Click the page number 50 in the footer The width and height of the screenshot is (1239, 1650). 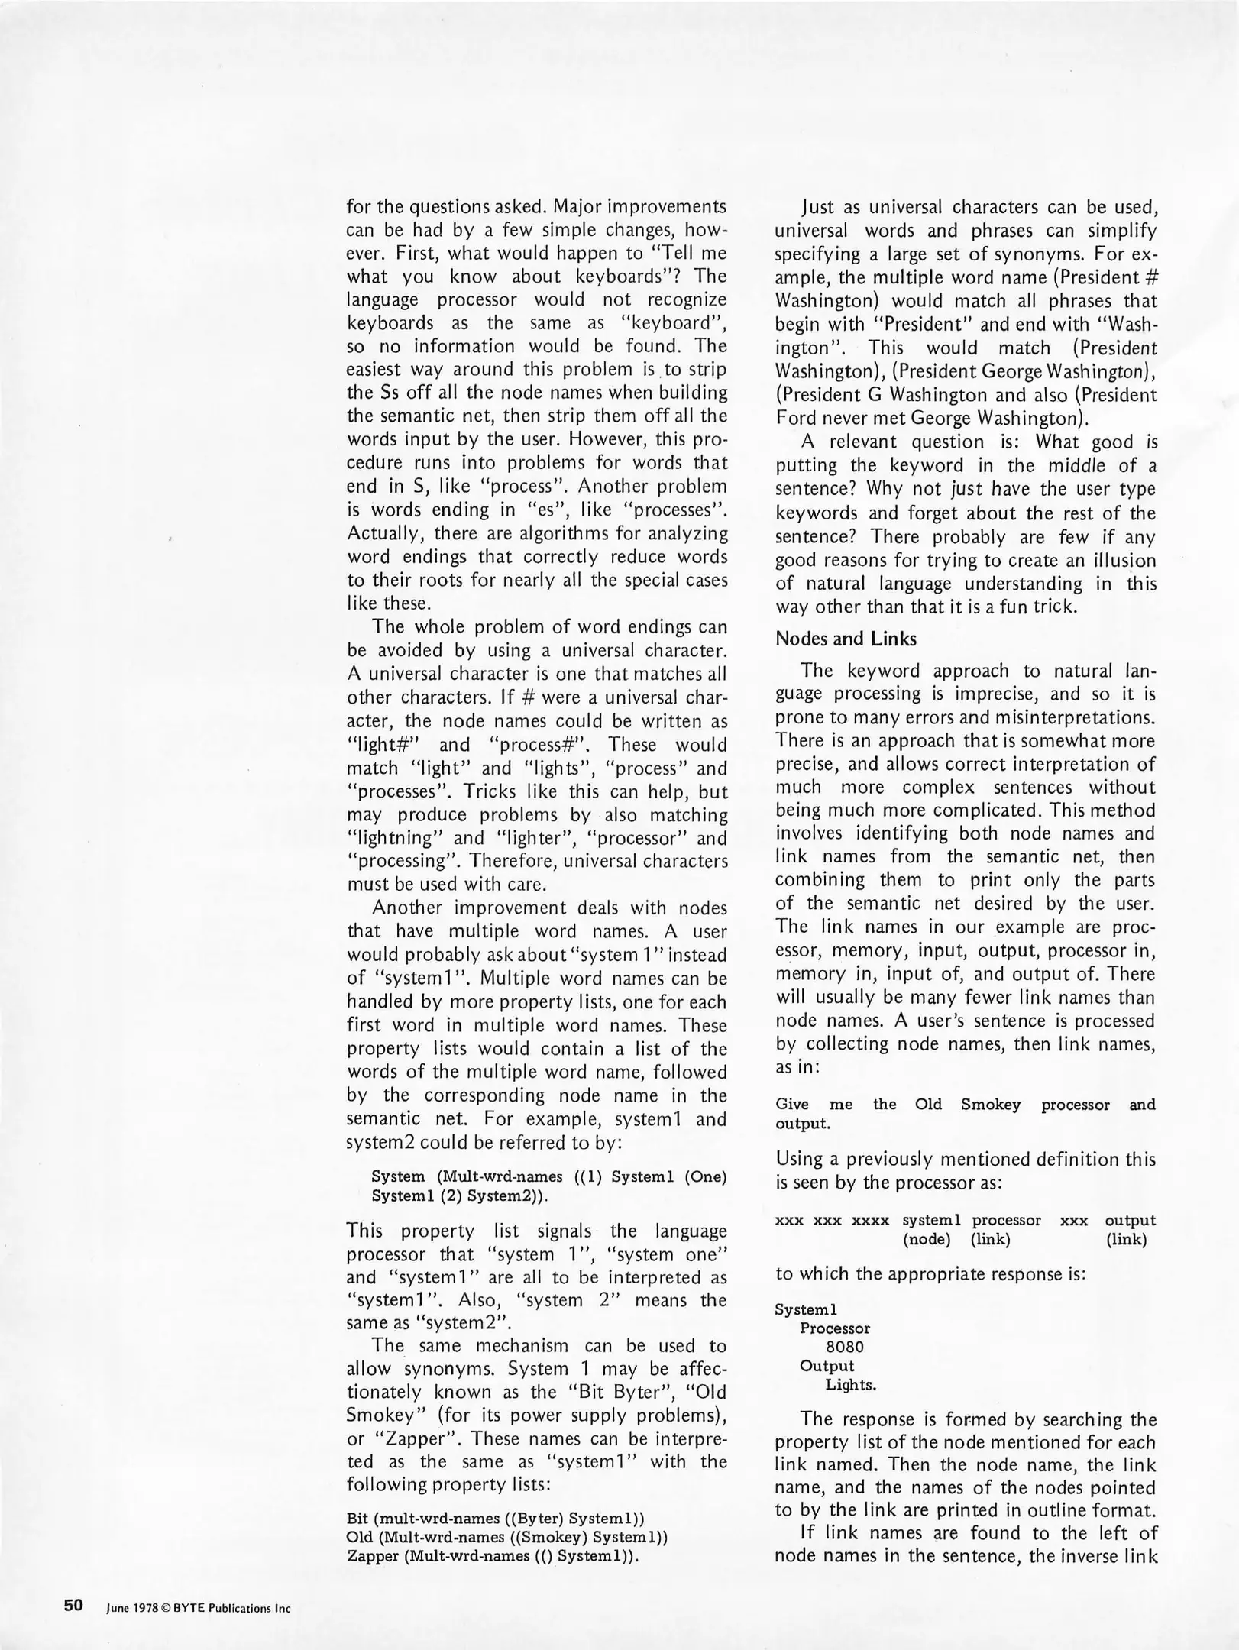[x=73, y=1605]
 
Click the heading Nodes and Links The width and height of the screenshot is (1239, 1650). [x=846, y=639]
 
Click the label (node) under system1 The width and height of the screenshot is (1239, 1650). [x=927, y=1239]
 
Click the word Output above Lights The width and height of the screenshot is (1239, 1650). [x=827, y=1366]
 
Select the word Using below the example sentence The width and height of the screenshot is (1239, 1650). [x=800, y=1159]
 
